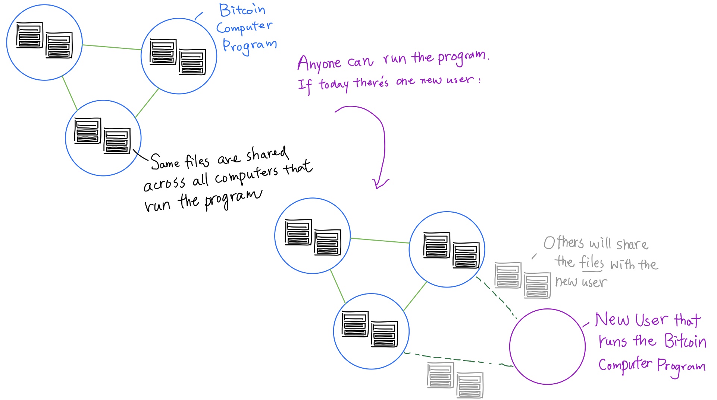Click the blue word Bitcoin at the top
tap(242, 10)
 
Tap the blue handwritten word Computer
tap(244, 27)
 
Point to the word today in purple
tap(334, 84)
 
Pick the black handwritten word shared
tap(267, 154)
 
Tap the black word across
tap(164, 184)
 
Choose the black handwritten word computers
tap(246, 175)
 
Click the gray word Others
tap(564, 243)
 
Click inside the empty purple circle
tap(547, 346)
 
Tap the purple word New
tap(612, 320)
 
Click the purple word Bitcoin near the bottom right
tap(685, 341)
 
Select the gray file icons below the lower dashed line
tap(455, 380)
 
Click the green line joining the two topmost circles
tap(112, 47)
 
